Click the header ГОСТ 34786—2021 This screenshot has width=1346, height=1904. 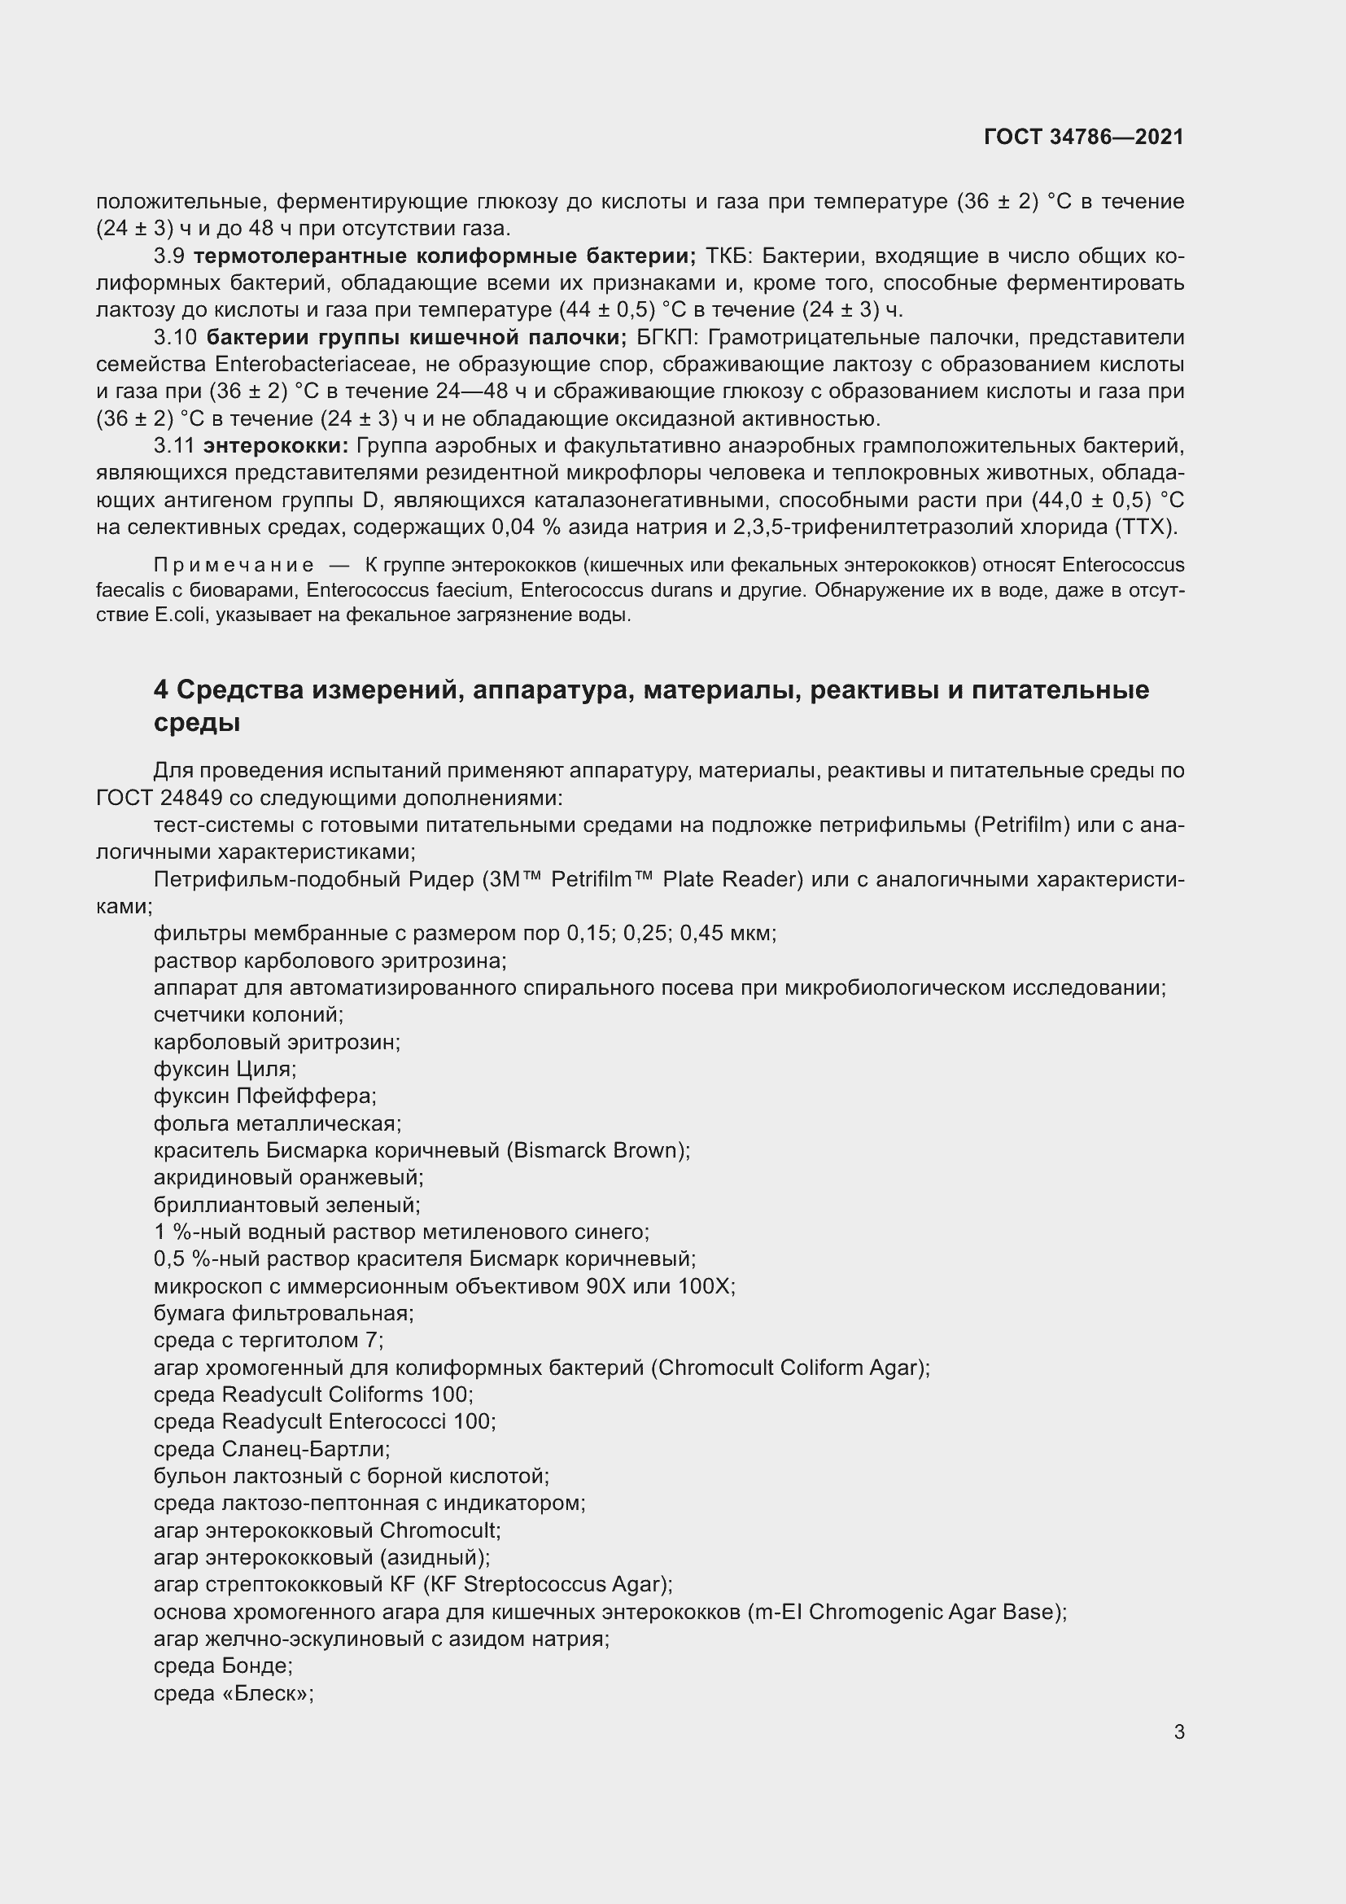1083,137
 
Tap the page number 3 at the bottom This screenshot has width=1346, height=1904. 1178,1731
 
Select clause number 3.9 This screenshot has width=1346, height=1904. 169,256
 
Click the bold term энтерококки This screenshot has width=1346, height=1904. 276,446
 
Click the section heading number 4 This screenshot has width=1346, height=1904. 161,690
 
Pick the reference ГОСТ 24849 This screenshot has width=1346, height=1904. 160,798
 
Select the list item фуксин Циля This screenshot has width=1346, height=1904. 225,1069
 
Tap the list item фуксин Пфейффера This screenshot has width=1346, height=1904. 264,1096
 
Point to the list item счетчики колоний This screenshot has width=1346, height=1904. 248,1014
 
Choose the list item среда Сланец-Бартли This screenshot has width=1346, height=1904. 271,1449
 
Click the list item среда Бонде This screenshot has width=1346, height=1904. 223,1666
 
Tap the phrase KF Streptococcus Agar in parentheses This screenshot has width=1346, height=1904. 547,1585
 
